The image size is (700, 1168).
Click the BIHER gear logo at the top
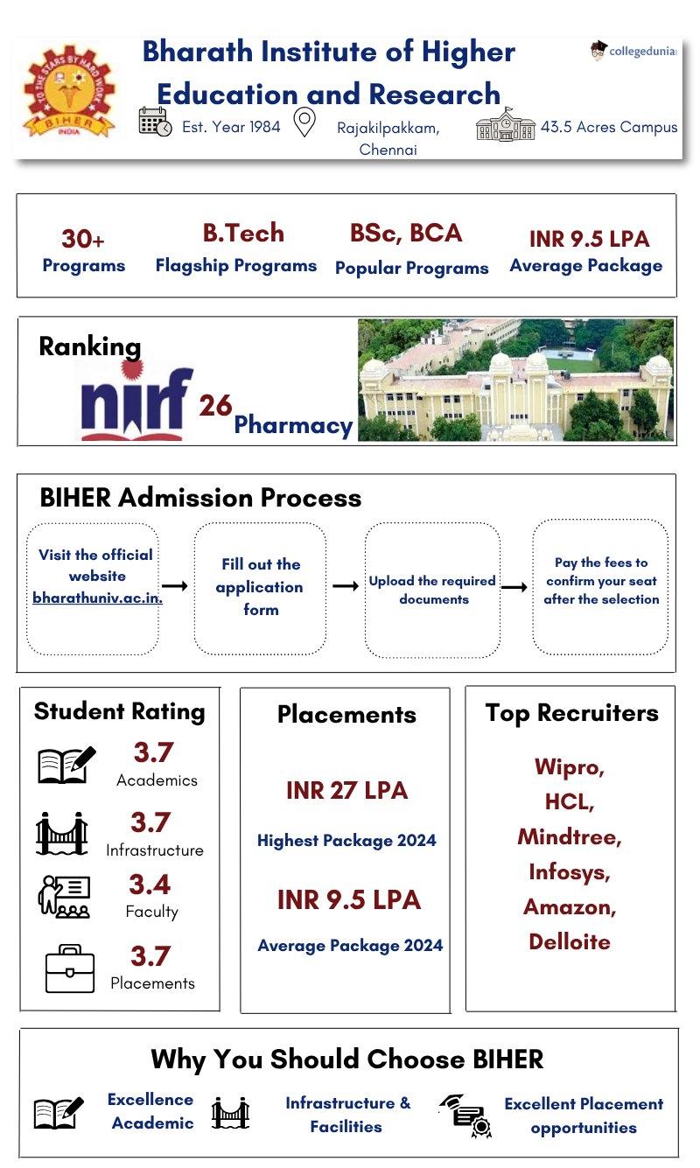[67, 92]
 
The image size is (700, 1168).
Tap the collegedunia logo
[634, 51]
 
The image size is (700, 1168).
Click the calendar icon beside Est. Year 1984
[156, 122]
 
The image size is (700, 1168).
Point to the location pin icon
[304, 122]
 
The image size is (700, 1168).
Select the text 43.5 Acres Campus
[609, 127]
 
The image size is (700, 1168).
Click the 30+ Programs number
[83, 239]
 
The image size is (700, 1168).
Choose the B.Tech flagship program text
[243, 233]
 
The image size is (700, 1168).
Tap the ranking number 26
[215, 405]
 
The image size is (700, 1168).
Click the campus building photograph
[516, 380]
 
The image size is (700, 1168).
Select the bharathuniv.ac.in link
[97, 598]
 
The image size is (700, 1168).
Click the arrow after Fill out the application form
[346, 585]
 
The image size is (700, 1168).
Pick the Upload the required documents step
[432, 590]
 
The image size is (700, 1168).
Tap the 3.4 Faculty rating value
[150, 885]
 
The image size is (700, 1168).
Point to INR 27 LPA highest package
[346, 790]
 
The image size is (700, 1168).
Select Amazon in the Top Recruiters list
[570, 906]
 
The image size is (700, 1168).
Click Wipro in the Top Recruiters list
[570, 767]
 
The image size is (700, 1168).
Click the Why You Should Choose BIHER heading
[347, 1059]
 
